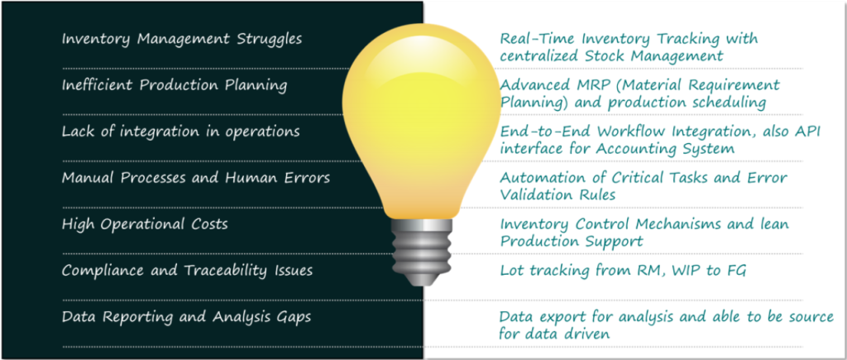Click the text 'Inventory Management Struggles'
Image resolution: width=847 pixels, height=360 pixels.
(181, 40)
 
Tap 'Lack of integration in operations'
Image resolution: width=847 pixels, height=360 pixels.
(180, 132)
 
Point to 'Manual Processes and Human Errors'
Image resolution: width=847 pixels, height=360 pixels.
(195, 178)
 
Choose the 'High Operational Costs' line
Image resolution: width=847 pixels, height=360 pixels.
(145, 224)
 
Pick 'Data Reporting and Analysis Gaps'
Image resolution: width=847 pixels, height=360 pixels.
(186, 317)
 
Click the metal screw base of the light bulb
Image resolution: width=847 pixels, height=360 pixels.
(421, 252)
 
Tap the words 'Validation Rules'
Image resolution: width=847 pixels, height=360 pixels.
(557, 195)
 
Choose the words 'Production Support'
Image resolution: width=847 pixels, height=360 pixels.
(572, 242)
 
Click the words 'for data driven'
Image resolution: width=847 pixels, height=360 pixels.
(554, 334)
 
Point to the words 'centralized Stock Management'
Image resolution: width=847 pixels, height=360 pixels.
(611, 57)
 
